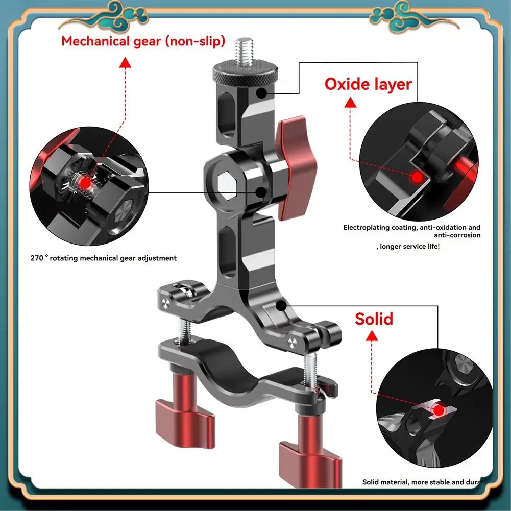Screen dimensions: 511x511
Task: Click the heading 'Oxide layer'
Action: [368, 84]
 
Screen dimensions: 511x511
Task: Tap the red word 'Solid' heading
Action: [374, 319]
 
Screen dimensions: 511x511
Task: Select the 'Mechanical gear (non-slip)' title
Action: [143, 41]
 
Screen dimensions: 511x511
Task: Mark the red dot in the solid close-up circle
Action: [439, 409]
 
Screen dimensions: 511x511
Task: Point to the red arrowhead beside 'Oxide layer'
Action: [350, 103]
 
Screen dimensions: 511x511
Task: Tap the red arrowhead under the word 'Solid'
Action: [373, 335]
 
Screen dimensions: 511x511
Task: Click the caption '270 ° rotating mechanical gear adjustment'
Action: [104, 258]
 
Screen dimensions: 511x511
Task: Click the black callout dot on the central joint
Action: [261, 192]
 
